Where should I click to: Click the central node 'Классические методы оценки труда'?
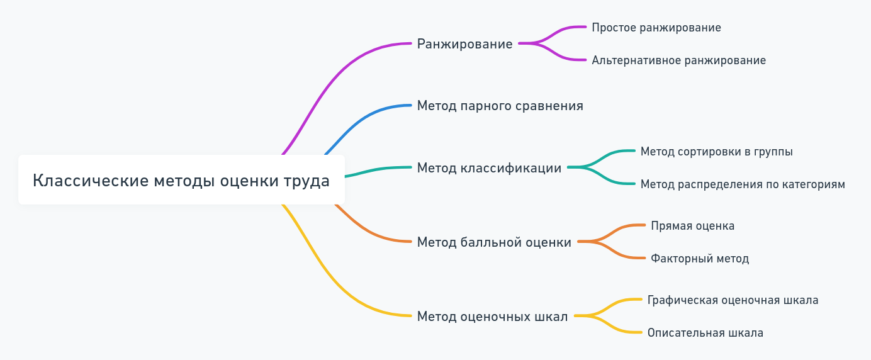click(181, 180)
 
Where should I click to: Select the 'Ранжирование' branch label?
click(464, 44)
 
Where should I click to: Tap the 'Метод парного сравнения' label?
click(500, 106)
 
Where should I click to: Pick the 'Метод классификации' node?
click(489, 168)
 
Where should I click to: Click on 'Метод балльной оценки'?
click(494, 242)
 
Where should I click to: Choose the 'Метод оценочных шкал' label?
click(492, 317)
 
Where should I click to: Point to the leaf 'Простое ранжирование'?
click(656, 28)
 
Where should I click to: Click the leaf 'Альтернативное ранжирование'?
click(678, 60)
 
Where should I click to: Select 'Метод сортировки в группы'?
click(716, 152)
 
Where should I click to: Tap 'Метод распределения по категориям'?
click(743, 184)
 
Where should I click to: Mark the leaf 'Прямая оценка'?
click(692, 226)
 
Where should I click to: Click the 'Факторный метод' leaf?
click(699, 259)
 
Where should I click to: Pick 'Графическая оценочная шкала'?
click(733, 300)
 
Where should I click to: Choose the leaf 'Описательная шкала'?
click(705, 333)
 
